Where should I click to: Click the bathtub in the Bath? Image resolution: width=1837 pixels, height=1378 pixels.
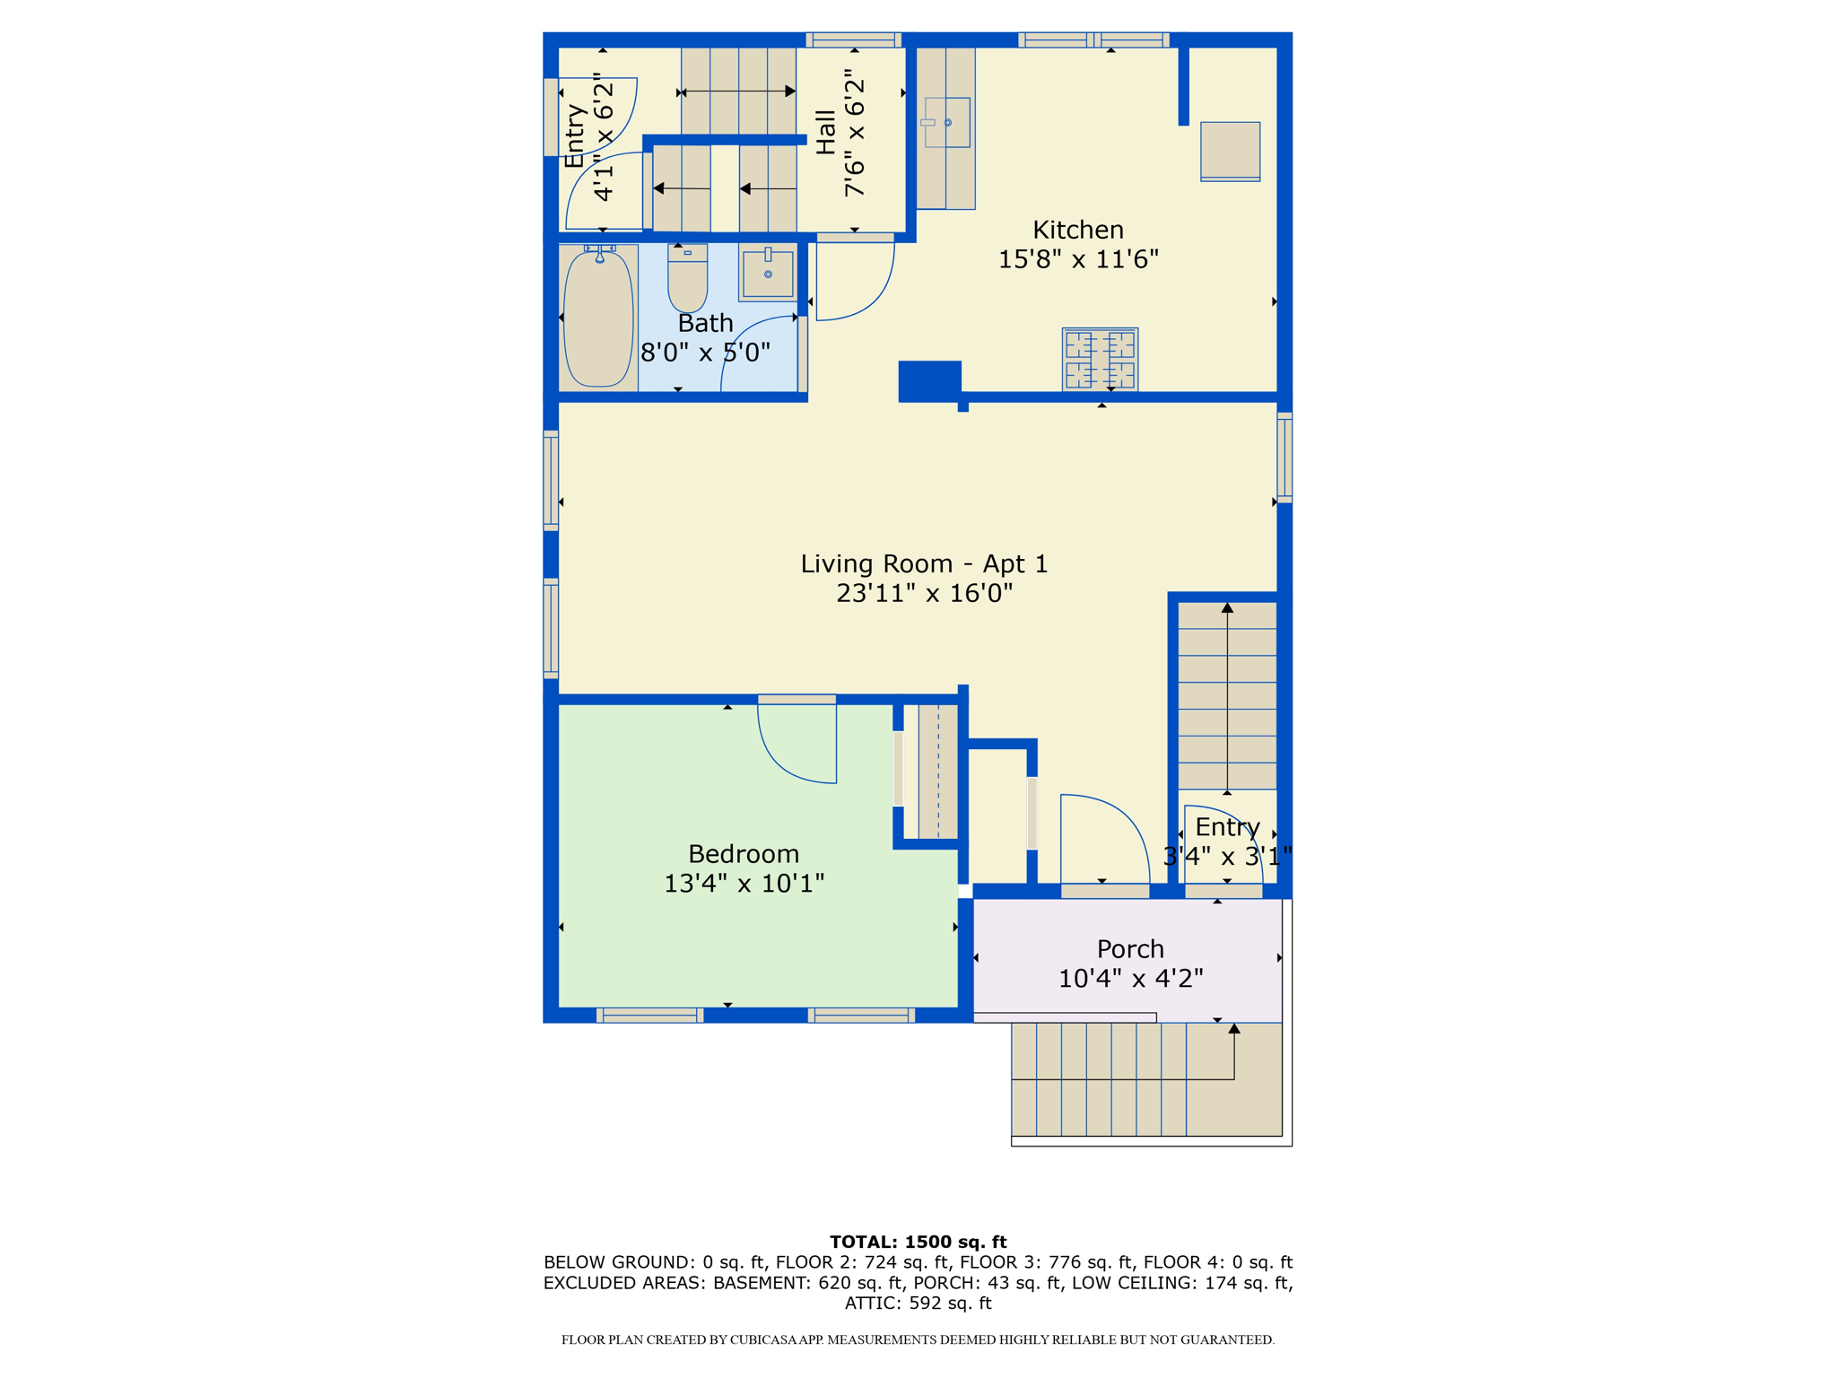[x=598, y=318]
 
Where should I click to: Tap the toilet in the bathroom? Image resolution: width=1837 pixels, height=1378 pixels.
[x=688, y=278]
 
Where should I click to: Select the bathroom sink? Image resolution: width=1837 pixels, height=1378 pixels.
[x=768, y=273]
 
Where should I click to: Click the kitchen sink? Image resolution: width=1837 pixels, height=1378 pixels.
[x=947, y=122]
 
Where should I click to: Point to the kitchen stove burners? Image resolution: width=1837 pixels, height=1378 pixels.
[x=1100, y=359]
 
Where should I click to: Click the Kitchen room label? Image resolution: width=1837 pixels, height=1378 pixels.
[x=1078, y=230]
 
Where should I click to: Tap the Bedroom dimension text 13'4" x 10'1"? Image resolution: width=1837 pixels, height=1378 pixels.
[x=744, y=884]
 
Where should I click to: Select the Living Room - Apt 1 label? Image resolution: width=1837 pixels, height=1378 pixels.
[x=924, y=563]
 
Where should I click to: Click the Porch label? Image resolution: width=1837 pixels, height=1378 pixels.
[x=1130, y=949]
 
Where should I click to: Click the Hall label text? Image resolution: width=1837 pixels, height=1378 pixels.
[x=826, y=132]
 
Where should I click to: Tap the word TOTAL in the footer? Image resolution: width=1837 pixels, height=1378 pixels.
[x=863, y=1243]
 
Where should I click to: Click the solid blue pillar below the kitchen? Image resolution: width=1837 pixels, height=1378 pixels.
[x=930, y=380]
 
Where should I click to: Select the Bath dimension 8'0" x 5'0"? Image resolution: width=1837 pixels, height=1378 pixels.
[x=705, y=353]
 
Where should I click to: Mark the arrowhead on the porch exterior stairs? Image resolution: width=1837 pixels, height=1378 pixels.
[x=1234, y=1029]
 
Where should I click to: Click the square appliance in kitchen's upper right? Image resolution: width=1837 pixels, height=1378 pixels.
[x=1231, y=152]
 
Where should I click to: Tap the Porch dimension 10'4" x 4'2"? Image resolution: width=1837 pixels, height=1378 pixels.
[x=1130, y=978]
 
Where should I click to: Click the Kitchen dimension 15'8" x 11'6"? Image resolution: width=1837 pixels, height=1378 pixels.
[x=1078, y=259]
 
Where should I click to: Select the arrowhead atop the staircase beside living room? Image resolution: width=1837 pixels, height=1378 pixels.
[x=1227, y=608]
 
